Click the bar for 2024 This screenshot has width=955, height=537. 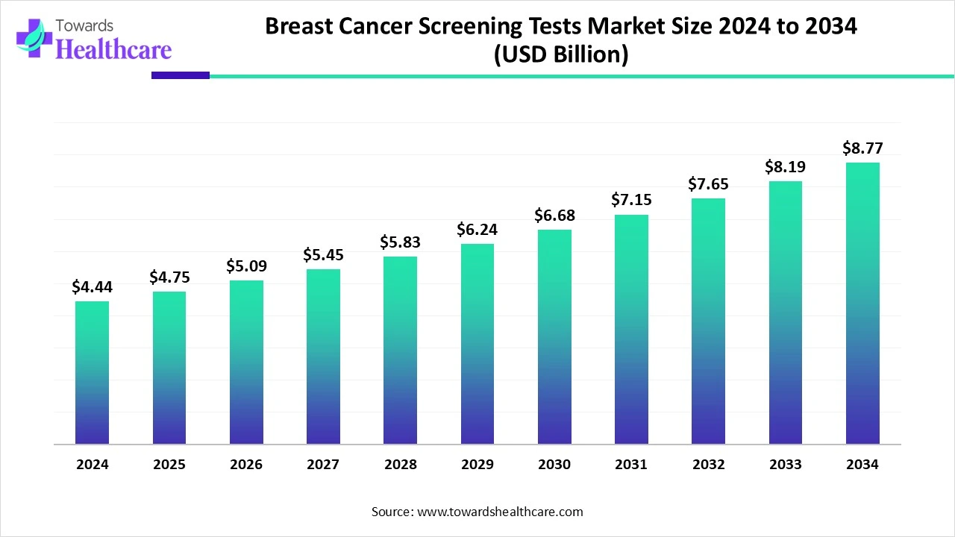(92, 373)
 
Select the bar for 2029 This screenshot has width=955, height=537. (477, 344)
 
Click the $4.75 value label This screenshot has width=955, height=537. (169, 277)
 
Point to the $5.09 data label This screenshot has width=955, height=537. (246, 266)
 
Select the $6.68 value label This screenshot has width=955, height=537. (554, 216)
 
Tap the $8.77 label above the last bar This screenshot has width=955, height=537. (862, 148)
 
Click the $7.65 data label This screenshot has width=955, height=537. (708, 184)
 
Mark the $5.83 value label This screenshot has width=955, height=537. (400, 242)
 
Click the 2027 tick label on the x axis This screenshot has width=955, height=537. (323, 465)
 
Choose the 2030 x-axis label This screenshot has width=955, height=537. (554, 465)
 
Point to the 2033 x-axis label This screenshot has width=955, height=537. (786, 465)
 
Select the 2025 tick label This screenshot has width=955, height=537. (169, 465)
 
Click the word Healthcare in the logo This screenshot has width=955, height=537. (113, 49)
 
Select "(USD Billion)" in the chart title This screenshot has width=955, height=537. (561, 54)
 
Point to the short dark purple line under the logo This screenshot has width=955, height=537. (181, 75)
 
